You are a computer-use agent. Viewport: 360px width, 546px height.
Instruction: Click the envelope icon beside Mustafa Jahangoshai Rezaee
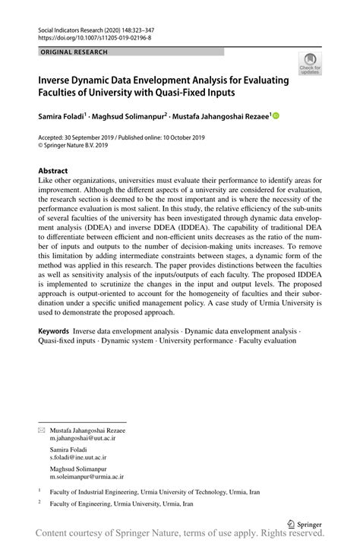click(41, 431)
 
